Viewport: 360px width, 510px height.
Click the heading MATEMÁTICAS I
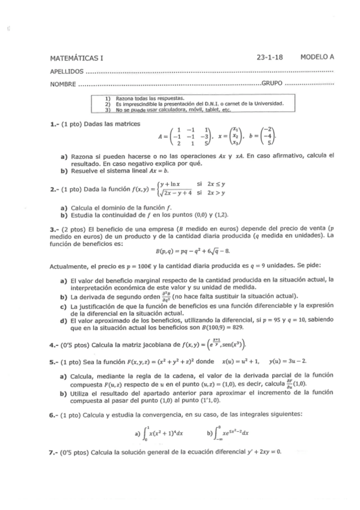(77, 58)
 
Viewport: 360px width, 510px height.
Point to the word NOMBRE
(63, 84)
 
